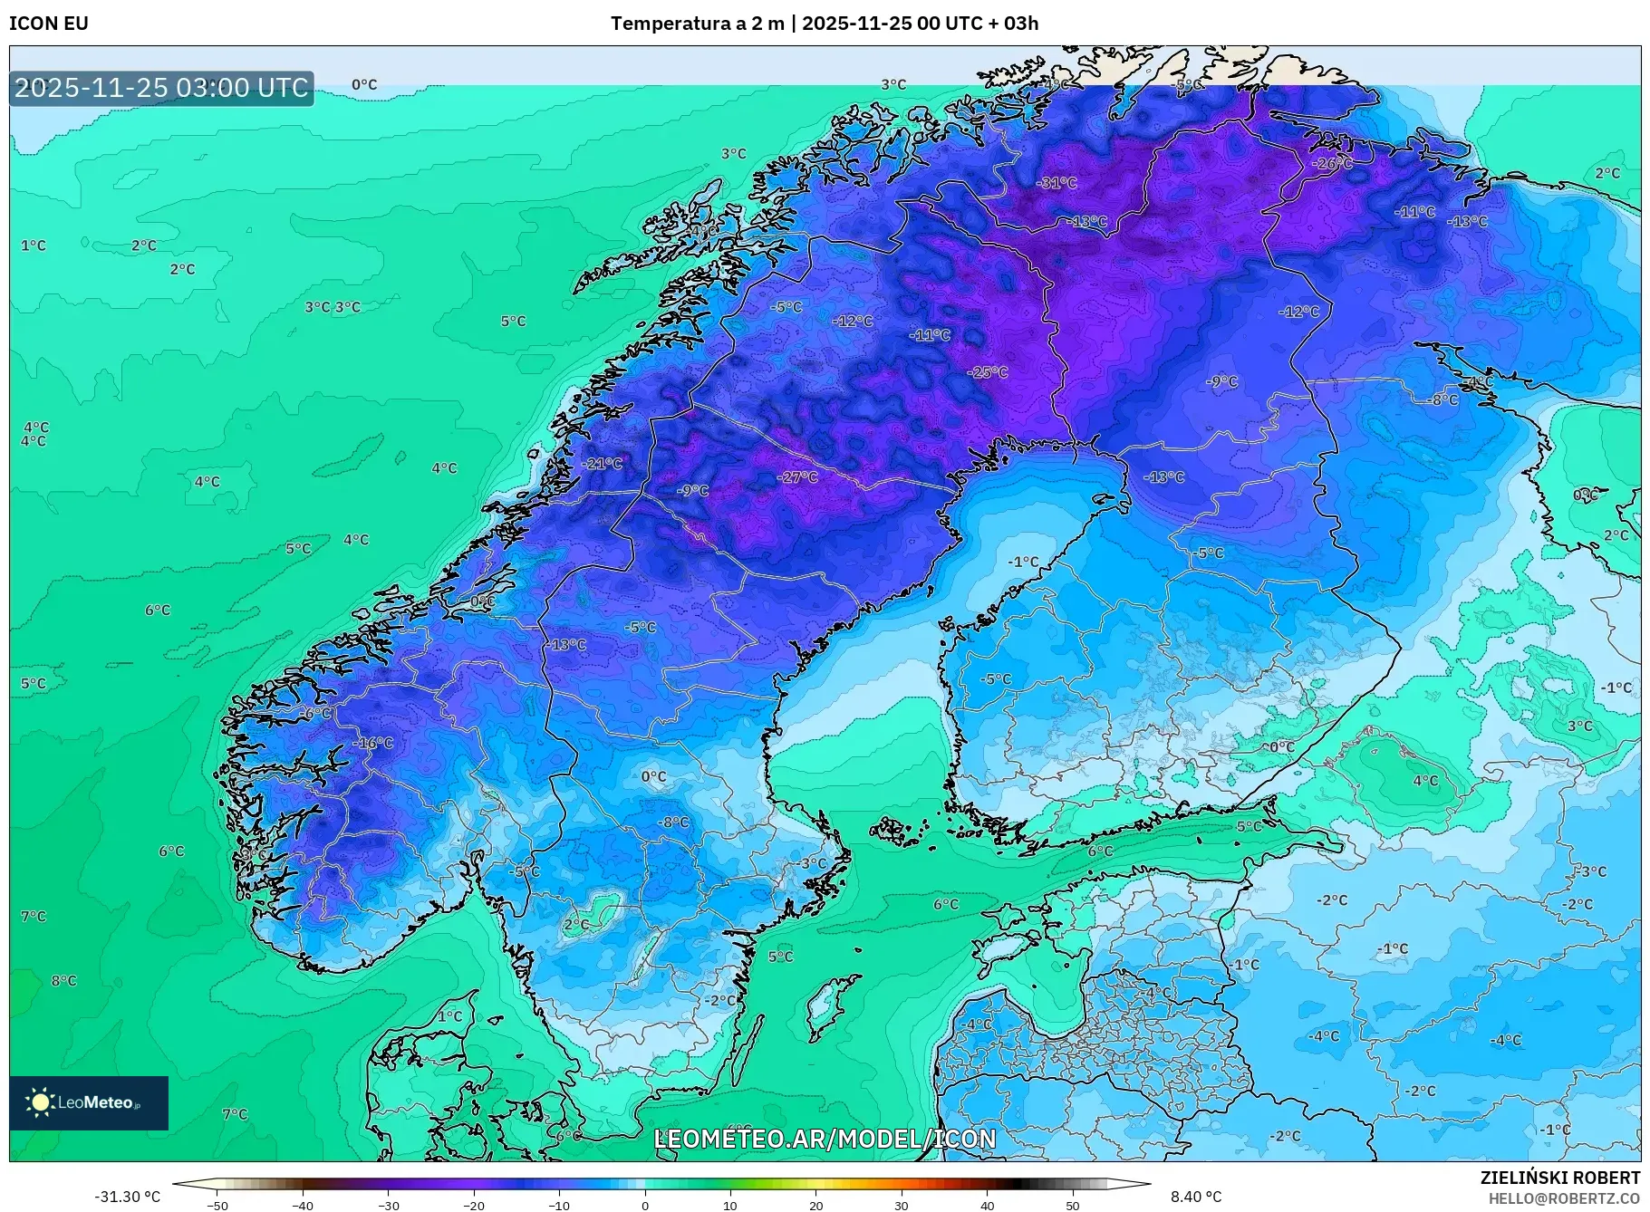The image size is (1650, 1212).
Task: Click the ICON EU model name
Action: pos(49,24)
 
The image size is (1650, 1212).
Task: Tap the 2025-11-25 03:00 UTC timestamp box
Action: pos(161,88)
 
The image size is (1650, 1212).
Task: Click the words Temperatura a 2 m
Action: pos(697,24)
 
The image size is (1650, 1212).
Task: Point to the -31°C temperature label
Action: pos(1057,183)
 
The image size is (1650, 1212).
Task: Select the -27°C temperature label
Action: pos(797,477)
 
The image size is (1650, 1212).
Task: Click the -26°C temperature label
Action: pos(1332,164)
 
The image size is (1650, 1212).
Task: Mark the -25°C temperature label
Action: pos(987,372)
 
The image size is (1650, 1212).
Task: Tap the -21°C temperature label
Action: pos(603,464)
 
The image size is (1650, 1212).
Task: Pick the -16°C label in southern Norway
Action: pos(373,744)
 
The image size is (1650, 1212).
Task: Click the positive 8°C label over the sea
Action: pos(63,981)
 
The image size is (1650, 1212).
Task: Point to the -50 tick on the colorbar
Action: pos(217,1205)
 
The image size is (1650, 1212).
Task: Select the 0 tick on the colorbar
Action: pos(645,1205)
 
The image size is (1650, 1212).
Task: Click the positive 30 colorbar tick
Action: pos(902,1205)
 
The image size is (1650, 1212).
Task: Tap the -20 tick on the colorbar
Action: pos(474,1205)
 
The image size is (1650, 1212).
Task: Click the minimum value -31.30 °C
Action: pos(127,1198)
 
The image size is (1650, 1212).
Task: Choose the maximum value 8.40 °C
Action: pos(1196,1198)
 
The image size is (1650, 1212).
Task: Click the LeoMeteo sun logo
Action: pos(41,1102)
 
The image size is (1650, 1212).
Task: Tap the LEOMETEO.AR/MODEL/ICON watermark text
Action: pos(825,1140)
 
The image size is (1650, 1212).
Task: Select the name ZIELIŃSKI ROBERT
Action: pos(1559,1178)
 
